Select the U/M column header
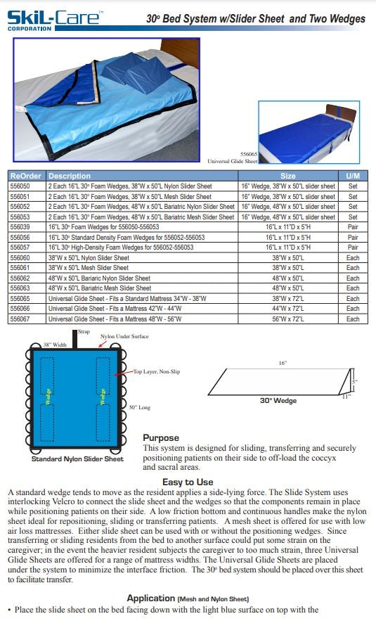pos(353,176)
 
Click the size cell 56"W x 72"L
pos(288,319)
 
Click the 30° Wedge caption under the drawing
pos(279,401)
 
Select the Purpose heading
pos(161,437)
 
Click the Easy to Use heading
pos(188,482)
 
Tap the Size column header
pos(288,176)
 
